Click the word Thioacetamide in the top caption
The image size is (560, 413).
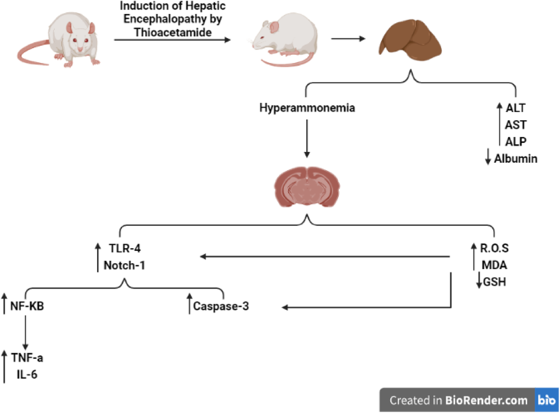point(173,32)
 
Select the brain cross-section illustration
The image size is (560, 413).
point(307,187)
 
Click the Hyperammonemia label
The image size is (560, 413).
point(307,108)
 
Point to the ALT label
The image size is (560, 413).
point(516,108)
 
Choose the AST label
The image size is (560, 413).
point(516,125)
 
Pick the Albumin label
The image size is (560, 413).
point(516,159)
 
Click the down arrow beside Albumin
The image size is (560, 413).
point(488,157)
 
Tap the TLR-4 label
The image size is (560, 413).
point(125,249)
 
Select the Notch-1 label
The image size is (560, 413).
point(124,265)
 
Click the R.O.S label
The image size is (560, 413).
point(494,248)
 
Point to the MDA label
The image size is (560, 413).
point(494,265)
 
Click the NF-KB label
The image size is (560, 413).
point(27,306)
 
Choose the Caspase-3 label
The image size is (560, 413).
point(221,306)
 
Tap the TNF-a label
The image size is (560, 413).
point(27,357)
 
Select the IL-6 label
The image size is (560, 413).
point(27,374)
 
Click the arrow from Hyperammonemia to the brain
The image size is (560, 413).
point(307,138)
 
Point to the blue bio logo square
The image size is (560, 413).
point(546,400)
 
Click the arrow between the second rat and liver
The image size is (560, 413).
point(348,39)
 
